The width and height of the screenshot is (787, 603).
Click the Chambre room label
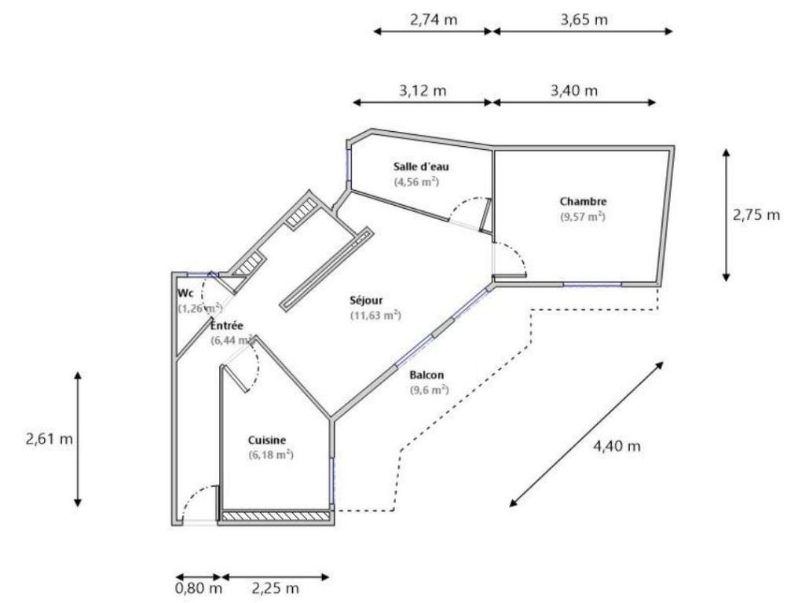point(583,202)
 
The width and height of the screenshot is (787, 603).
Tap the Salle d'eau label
point(421,166)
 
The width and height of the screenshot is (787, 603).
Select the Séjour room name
point(366,301)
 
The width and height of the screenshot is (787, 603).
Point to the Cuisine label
point(267,440)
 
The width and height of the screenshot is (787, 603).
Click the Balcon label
point(426,375)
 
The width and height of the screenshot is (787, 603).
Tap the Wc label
point(185,293)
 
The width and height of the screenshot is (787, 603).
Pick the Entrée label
point(227,326)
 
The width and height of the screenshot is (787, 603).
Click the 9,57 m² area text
point(583,217)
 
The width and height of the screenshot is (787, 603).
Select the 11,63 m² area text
point(375,316)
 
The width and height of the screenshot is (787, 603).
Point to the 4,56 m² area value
point(416,181)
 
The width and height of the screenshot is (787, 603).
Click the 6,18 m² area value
point(271,455)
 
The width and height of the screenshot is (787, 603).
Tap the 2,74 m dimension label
point(434,20)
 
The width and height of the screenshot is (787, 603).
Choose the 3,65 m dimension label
point(584,20)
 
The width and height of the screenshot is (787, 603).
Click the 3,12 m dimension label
point(423,91)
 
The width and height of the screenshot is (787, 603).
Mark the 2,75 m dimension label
point(757,214)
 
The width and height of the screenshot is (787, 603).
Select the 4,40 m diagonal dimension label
point(617,445)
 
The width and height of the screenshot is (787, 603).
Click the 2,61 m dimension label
point(49,439)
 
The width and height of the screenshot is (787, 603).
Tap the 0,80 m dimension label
point(199,588)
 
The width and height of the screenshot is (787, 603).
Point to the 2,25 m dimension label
point(275,588)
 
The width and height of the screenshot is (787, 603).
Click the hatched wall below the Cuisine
point(276,515)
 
